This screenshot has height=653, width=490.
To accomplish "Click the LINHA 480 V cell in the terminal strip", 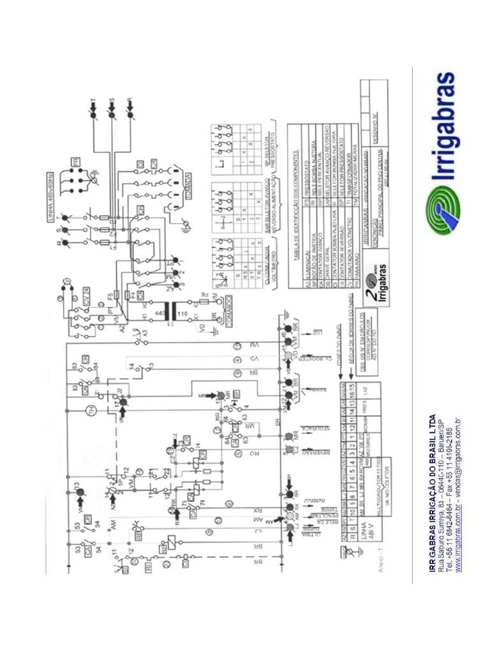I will (369, 531).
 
